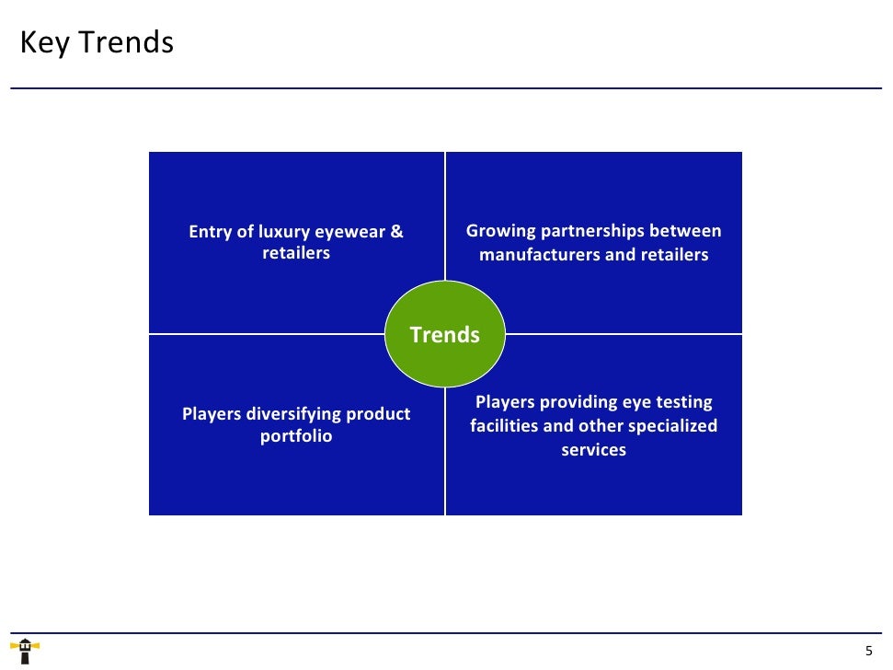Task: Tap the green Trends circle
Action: point(445,334)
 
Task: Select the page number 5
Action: point(868,651)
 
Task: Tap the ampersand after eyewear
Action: point(397,232)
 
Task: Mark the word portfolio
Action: point(296,436)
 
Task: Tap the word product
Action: point(378,414)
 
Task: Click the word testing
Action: point(682,402)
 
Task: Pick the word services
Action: point(593,450)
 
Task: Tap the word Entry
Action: point(211,232)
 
